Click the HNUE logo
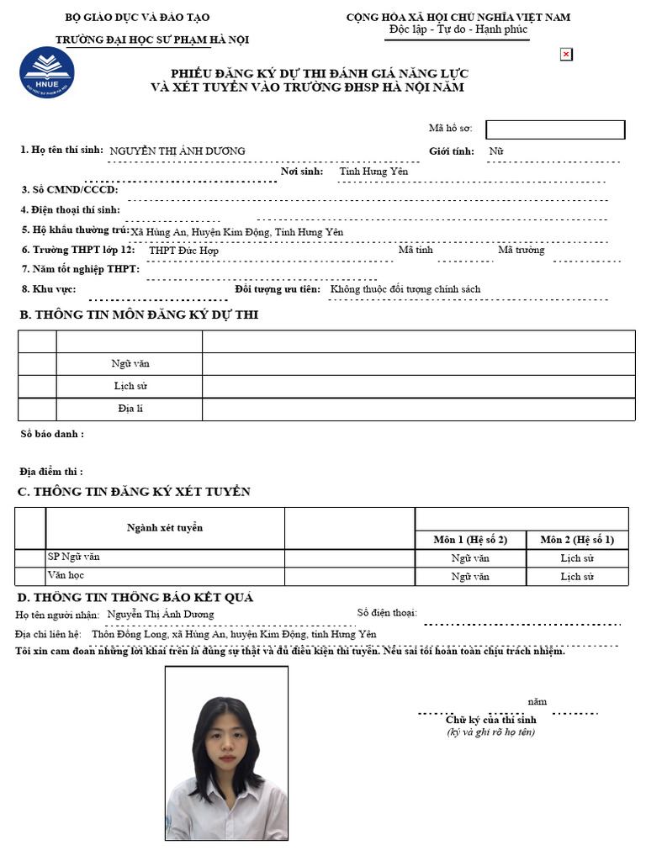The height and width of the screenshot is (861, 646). [47, 71]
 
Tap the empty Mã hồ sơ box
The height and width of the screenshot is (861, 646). [555, 129]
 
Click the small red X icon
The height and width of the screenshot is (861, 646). [566, 55]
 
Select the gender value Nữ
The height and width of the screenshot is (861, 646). [496, 151]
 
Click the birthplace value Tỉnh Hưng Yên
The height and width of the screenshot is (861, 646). [373, 172]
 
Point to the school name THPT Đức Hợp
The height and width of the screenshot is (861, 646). [183, 251]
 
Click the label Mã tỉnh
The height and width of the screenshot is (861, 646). [416, 250]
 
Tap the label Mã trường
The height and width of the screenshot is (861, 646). [521, 250]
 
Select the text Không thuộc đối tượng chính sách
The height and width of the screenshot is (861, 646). [405, 289]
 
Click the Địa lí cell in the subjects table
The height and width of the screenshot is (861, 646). [130, 409]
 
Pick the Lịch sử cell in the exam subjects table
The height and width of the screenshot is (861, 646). [130, 386]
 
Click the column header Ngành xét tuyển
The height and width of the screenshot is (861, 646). [165, 528]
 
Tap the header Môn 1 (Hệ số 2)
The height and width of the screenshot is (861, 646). [470, 539]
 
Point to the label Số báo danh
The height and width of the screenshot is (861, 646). [51, 434]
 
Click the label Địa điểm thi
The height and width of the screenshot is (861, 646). [51, 472]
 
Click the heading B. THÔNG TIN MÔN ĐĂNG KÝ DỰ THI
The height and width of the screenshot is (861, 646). [139, 315]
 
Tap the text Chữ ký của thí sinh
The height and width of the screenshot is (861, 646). [490, 720]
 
